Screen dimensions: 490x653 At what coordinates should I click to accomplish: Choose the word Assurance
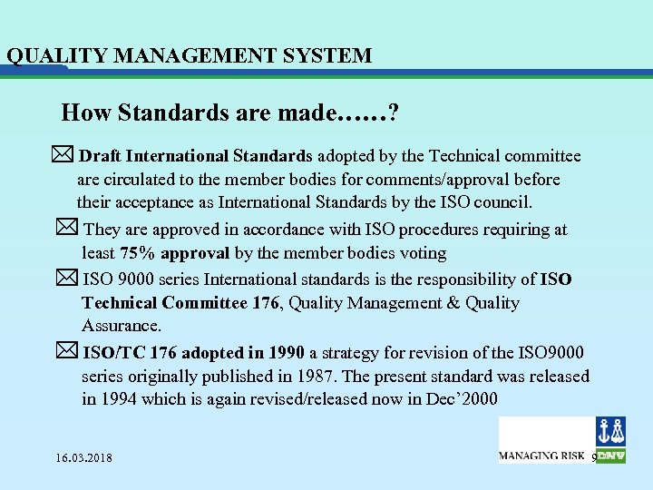coord(122,326)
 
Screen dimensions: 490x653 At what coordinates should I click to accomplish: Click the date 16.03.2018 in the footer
coord(84,457)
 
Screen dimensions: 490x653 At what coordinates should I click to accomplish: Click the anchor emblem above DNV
coord(609,431)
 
